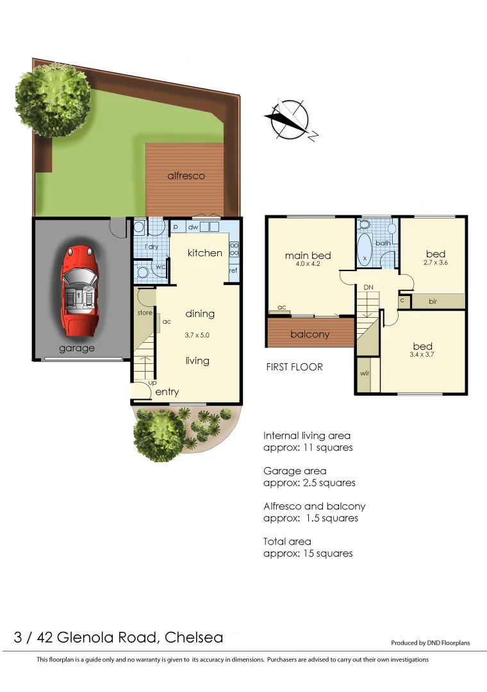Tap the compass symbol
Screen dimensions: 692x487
click(x=290, y=120)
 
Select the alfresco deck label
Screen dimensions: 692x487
click(x=186, y=175)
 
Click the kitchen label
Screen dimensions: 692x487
click(x=204, y=253)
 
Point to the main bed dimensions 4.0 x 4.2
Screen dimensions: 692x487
click(x=308, y=264)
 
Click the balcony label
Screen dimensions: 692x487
click(x=310, y=334)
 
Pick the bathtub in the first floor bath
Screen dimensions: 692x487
click(x=365, y=249)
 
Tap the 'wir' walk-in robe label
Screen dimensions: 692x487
click(x=364, y=372)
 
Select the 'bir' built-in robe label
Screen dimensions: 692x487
click(x=433, y=301)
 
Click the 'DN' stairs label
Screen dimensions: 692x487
click(x=368, y=288)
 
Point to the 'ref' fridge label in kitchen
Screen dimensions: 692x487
click(x=233, y=270)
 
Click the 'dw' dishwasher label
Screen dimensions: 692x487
click(x=192, y=227)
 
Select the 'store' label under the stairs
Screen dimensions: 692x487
click(x=145, y=313)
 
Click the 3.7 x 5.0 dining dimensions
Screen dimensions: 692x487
click(x=197, y=334)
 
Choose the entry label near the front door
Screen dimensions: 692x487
click(x=167, y=392)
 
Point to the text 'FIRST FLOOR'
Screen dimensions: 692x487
click(x=294, y=367)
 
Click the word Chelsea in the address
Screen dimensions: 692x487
click(x=194, y=638)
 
